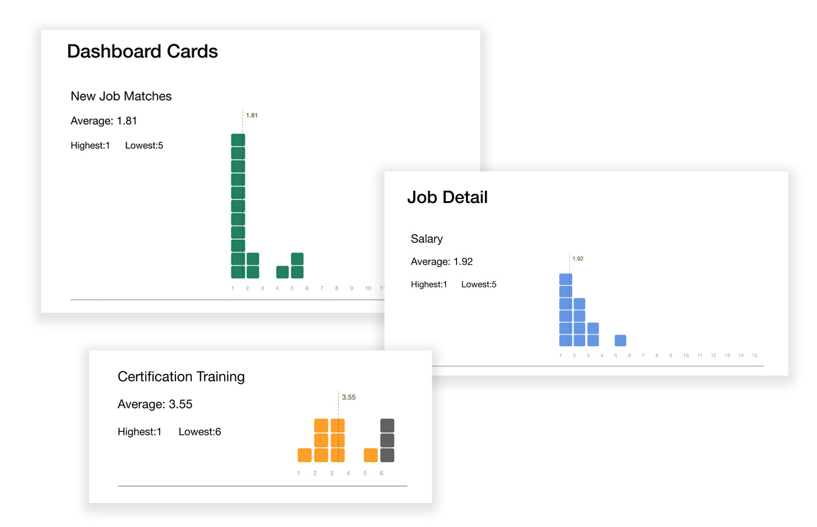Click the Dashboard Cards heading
coord(142,52)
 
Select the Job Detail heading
coord(447,198)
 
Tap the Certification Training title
coord(181,377)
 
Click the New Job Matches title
coord(121,96)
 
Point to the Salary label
coord(427,239)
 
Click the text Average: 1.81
coord(103,121)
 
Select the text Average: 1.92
coord(441,262)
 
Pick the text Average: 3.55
coord(155,404)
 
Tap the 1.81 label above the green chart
coord(252,116)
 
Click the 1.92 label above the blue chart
coord(578,259)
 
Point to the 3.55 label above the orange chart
coord(349,397)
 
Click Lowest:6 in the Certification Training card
coord(200,432)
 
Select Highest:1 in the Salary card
coord(428,285)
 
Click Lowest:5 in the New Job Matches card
coord(144,146)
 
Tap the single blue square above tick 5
coord(620,340)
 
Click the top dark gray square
coord(387,425)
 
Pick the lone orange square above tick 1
coord(305,455)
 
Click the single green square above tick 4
coord(282,272)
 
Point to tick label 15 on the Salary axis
coord(755,356)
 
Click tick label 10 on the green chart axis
coord(368,288)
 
